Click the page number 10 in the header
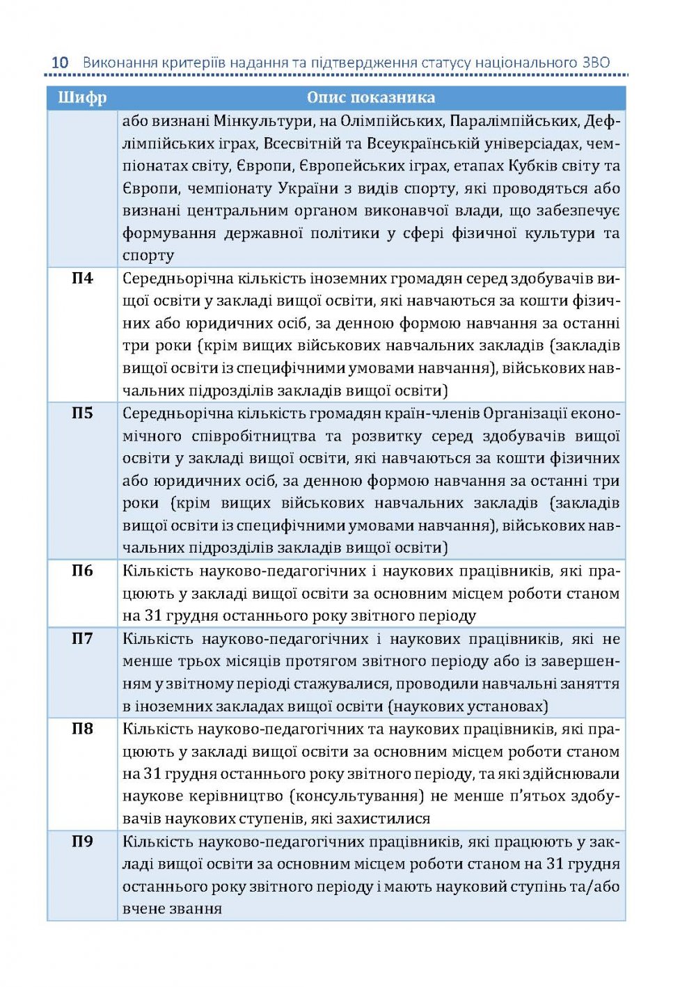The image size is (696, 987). point(60,62)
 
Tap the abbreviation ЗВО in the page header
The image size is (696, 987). point(594,62)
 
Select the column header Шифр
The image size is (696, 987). point(82,97)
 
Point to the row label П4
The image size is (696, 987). point(82,278)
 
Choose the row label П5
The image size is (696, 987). point(82,413)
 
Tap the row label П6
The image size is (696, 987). point(82,571)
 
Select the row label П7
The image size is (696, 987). point(82,639)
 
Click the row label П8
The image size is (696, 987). point(82,729)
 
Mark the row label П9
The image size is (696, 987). point(82,842)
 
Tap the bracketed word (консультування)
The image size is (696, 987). point(356,796)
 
